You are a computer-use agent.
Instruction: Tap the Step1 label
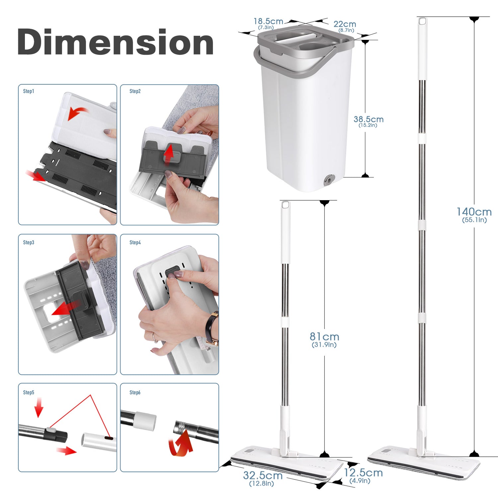pyautogui.click(x=29, y=91)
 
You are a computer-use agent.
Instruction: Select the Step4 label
pyautogui.click(x=135, y=242)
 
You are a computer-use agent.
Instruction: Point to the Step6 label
pyautogui.click(x=135, y=392)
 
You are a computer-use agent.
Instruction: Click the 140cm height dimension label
pyautogui.click(x=474, y=212)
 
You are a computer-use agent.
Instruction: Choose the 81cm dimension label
pyautogui.click(x=324, y=337)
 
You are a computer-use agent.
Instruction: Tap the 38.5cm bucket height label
pyautogui.click(x=369, y=119)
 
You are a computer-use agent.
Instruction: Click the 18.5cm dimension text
pyautogui.click(x=268, y=21)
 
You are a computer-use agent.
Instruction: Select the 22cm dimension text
pyautogui.click(x=345, y=24)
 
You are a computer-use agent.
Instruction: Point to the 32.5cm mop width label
pyautogui.click(x=263, y=475)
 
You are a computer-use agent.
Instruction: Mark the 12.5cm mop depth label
pyautogui.click(x=363, y=473)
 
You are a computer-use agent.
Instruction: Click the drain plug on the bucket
pyautogui.click(x=329, y=180)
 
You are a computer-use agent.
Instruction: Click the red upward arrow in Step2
pyautogui.click(x=169, y=154)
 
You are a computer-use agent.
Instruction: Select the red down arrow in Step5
pyautogui.click(x=39, y=407)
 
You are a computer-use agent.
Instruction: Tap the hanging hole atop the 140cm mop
pyautogui.click(x=422, y=22)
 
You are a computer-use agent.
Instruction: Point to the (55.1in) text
pyautogui.click(x=474, y=220)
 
